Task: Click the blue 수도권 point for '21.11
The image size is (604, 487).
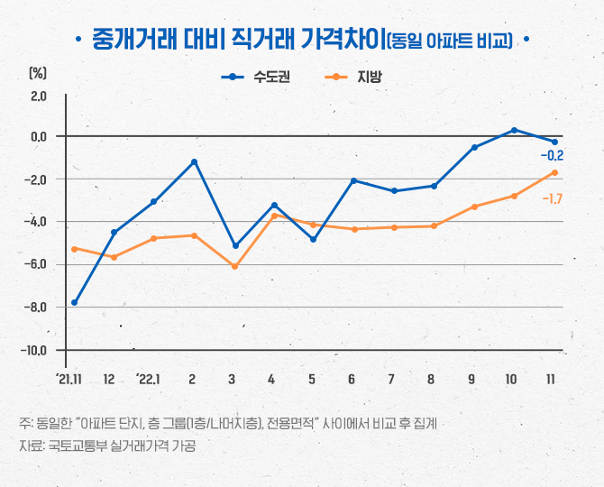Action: pos(74,303)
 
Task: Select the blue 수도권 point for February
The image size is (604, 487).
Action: pos(194,161)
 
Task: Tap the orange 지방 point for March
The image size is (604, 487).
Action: pos(234,266)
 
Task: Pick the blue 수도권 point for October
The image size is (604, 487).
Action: pos(514,130)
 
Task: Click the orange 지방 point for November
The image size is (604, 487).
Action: pos(554,172)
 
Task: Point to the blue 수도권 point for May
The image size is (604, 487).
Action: pos(314,239)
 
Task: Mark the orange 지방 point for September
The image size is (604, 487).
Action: pos(474,207)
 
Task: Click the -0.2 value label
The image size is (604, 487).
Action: pos(552,156)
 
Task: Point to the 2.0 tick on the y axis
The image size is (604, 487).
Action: pos(38,94)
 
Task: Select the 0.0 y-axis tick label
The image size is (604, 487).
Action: pos(38,136)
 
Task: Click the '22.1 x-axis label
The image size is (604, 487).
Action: pos(150,378)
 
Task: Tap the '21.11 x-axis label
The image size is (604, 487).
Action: pos(69,378)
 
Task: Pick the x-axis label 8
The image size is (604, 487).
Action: pos(432,378)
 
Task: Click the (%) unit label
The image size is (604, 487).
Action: pos(37,71)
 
